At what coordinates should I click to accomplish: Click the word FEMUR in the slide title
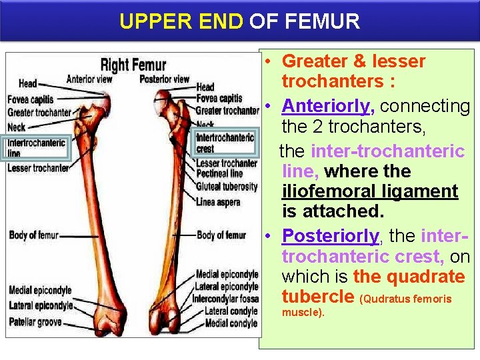[322, 21]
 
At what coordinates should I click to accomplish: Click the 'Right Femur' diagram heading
[133, 65]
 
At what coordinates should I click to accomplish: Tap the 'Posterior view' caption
[165, 79]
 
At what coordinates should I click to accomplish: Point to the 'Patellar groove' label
[35, 322]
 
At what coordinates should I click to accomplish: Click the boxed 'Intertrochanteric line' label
[36, 147]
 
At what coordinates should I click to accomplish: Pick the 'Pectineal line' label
[219, 173]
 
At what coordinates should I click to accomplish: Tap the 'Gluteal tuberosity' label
[227, 186]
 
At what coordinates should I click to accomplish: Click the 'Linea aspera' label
[218, 201]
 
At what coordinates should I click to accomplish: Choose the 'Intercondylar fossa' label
[225, 299]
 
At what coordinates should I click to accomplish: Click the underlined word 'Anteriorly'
[326, 106]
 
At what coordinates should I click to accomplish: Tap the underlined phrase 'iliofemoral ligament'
[369, 191]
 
